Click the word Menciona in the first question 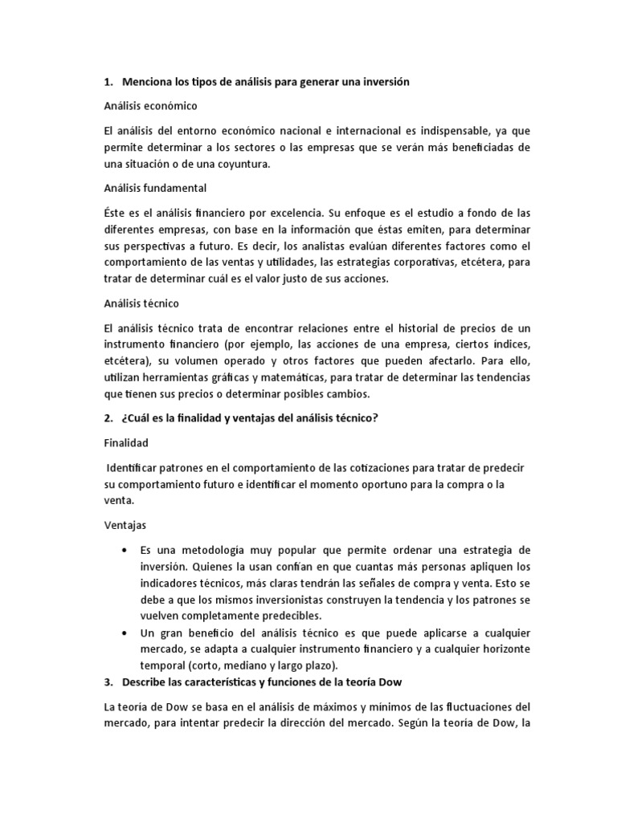(149, 83)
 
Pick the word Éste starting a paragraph (118, 212)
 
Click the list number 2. (108, 417)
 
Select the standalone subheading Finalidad (127, 442)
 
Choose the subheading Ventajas (125, 525)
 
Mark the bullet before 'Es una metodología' (124, 550)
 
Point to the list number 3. (108, 682)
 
